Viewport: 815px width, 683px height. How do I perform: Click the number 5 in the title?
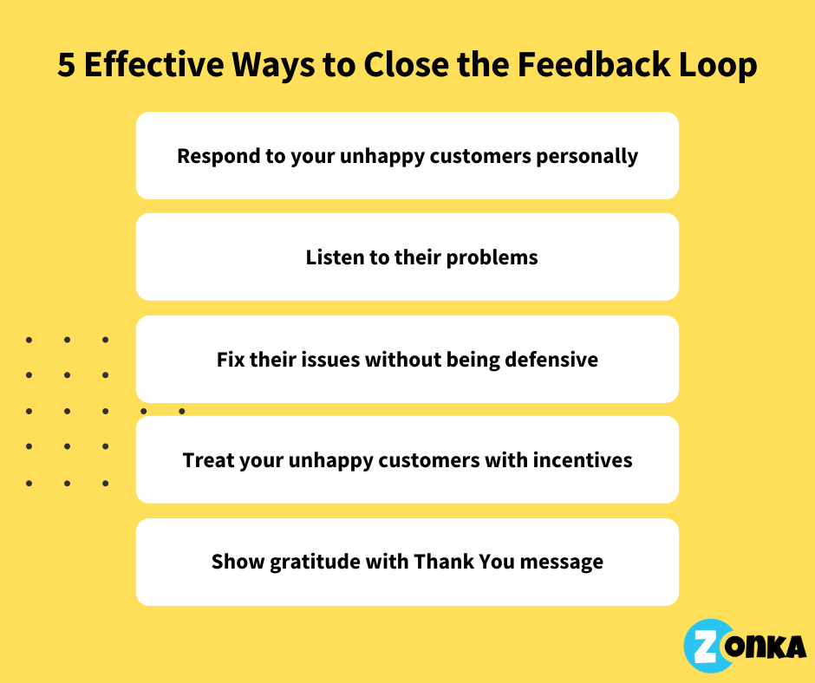67,66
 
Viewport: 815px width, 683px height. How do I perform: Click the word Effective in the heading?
147,66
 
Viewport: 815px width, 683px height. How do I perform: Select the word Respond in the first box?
212,156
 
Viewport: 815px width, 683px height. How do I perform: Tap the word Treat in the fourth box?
206,460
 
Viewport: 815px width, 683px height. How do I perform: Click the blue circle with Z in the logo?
707,646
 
